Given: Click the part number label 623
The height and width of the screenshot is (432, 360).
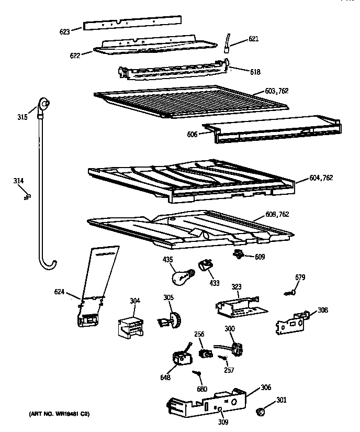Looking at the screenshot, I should (x=64, y=31).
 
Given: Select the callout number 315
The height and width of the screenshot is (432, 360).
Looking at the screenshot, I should (x=22, y=117).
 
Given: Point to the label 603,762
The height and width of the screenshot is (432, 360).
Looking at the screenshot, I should (x=277, y=91).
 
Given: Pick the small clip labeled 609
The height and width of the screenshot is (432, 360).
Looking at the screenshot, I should (x=239, y=254).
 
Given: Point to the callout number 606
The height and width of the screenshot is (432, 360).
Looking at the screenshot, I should (x=192, y=135).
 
